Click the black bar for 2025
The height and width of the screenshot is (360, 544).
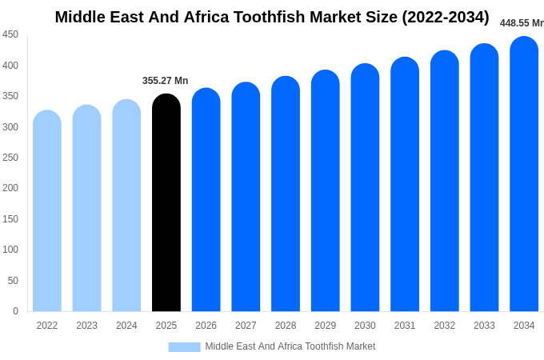pos(166,203)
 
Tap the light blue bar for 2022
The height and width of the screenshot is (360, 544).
pos(47,211)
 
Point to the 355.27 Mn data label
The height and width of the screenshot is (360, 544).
pos(165,81)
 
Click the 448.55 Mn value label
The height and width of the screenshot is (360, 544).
pos(521,23)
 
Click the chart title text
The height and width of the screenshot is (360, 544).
pos(272,17)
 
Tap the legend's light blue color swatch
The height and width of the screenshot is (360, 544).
pos(184,346)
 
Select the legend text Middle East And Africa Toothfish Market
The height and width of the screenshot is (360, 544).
pos(290,346)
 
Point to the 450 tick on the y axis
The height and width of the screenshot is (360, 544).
pos(10,34)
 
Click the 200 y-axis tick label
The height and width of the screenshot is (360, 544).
pos(10,188)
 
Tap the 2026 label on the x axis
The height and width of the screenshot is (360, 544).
pos(206,326)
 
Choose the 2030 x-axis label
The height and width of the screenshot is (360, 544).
pos(365,326)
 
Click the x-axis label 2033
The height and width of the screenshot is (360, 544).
pos(484,326)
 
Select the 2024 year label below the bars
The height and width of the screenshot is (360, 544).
pos(126,326)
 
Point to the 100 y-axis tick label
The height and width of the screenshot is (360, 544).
pos(10,250)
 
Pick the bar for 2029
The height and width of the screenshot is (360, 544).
pos(325,191)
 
